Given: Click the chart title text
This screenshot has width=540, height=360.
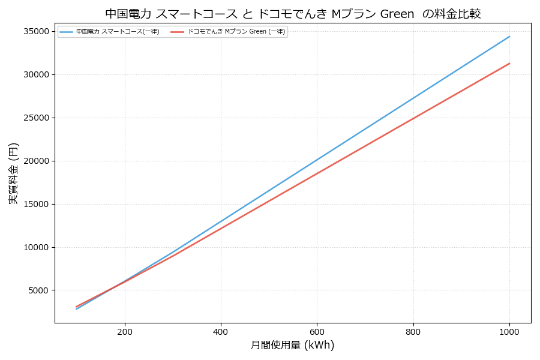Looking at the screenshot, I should click(293, 14).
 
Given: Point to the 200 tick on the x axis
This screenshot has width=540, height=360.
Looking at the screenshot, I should click(125, 331).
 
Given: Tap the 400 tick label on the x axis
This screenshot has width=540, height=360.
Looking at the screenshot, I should click(221, 331).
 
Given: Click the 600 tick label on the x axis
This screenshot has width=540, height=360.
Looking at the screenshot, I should click(317, 331).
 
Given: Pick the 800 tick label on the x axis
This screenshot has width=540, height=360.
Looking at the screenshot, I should click(413, 331).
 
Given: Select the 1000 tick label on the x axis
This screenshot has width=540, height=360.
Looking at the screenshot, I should click(509, 331).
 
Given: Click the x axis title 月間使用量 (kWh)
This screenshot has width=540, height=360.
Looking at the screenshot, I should click(293, 346).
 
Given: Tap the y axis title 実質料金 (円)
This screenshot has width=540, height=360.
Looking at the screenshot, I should click(14, 173).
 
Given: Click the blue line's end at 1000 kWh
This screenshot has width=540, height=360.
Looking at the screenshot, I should click(509, 37).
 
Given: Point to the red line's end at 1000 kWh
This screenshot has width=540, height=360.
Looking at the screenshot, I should click(509, 63).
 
